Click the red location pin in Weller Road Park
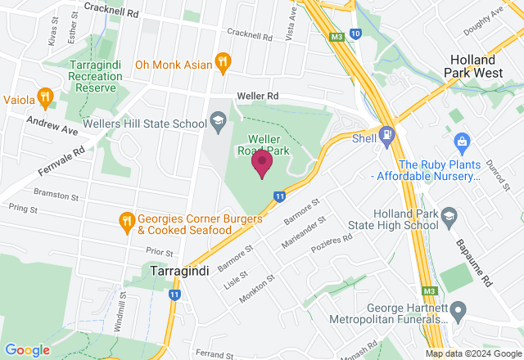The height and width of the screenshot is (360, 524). point(262,164)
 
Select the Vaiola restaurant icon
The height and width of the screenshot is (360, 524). point(46,99)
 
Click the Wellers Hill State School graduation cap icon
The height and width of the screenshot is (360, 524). point(218,124)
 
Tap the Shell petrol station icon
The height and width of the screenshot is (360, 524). point(387,134)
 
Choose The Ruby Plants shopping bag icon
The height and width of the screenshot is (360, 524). point(462,142)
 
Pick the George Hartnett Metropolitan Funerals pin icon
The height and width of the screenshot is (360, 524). point(458,311)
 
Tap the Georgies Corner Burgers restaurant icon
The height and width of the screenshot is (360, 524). point(125,220)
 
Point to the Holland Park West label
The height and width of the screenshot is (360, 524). point(484,66)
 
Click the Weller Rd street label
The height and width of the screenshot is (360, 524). point(258,97)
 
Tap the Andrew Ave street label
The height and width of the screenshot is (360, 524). point(52,124)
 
